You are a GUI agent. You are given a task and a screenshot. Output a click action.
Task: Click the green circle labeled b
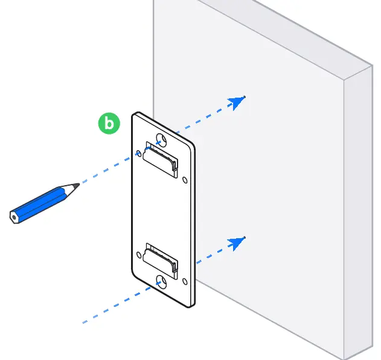[109, 123]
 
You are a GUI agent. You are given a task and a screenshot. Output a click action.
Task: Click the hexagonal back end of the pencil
[14, 217]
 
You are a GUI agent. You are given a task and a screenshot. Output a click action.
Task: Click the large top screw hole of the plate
[161, 140]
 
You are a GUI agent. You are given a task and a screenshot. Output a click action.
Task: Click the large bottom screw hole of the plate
[161, 282]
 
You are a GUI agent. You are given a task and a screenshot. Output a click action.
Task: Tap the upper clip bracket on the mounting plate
[160, 160]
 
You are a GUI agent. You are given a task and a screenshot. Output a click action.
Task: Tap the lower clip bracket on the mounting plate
[160, 261]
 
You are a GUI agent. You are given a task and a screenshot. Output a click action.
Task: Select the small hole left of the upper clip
[139, 153]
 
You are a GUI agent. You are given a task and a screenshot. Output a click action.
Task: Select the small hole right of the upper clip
[185, 180]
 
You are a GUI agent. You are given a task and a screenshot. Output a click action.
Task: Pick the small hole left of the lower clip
[139, 255]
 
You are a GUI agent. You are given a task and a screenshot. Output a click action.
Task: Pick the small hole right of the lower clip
[185, 282]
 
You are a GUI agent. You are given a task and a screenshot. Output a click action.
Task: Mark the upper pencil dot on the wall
[245, 97]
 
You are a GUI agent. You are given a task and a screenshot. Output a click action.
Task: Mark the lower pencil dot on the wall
[245, 238]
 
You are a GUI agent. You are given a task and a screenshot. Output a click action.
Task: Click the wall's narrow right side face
[358, 213]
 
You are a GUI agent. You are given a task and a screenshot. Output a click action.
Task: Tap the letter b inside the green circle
[109, 123]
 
